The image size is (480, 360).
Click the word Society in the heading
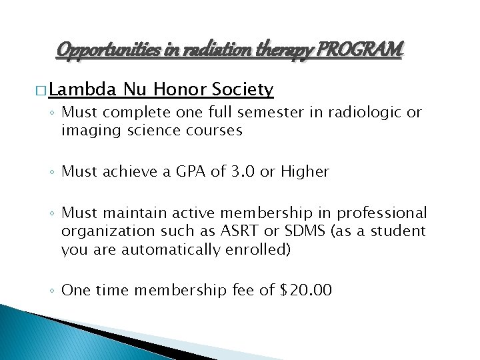(242, 89)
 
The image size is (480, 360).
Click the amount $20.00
(304, 290)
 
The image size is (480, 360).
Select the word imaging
(87, 130)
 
